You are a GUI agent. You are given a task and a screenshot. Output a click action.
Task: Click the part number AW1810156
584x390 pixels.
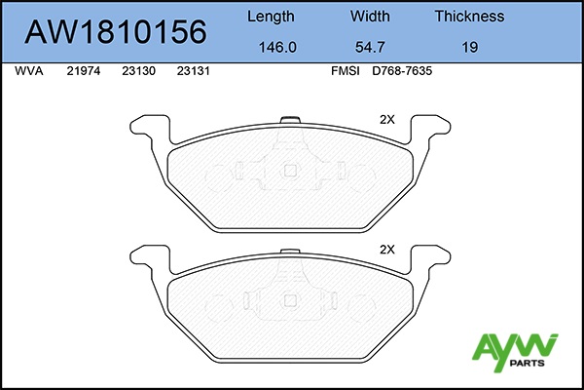point(116,32)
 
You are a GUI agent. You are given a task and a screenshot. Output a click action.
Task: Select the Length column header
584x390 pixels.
point(271,17)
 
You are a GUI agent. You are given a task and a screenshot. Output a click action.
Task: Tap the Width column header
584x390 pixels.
point(370,16)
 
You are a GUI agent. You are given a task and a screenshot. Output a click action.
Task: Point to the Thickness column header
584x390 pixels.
point(470,16)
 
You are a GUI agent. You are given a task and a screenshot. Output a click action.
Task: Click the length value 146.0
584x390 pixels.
point(277,47)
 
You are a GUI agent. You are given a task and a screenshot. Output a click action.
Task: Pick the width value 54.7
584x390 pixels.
point(370,47)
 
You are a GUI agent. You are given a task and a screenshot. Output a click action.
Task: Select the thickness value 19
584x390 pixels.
point(470,47)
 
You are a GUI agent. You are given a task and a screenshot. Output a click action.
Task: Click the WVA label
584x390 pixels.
point(29,71)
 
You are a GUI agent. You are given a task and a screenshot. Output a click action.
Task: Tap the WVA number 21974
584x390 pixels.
point(84,71)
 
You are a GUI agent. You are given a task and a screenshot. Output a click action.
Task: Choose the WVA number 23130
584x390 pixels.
point(138,71)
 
